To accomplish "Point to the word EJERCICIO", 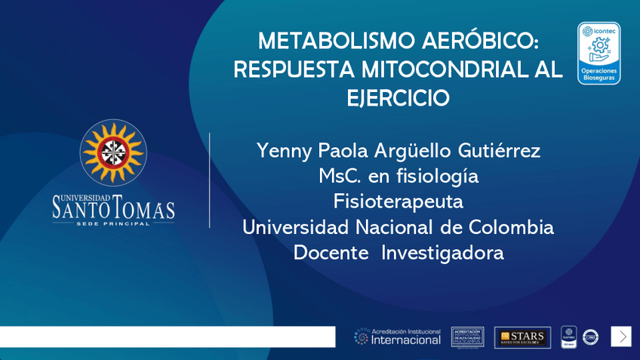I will click(x=398, y=98).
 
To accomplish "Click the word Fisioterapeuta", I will click(x=398, y=202).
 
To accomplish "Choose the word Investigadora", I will click(x=442, y=252).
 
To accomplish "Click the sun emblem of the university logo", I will click(x=113, y=152).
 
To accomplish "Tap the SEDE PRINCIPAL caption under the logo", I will click(x=113, y=223).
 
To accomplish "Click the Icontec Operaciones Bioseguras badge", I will click(x=598, y=53).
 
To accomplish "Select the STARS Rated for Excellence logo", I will click(x=522, y=337).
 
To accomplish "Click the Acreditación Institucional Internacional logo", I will click(x=398, y=337).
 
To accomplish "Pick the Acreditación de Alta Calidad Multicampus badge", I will click(x=467, y=337).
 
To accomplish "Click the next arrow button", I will click(x=621, y=337).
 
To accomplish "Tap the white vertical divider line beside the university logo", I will click(x=210, y=180).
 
